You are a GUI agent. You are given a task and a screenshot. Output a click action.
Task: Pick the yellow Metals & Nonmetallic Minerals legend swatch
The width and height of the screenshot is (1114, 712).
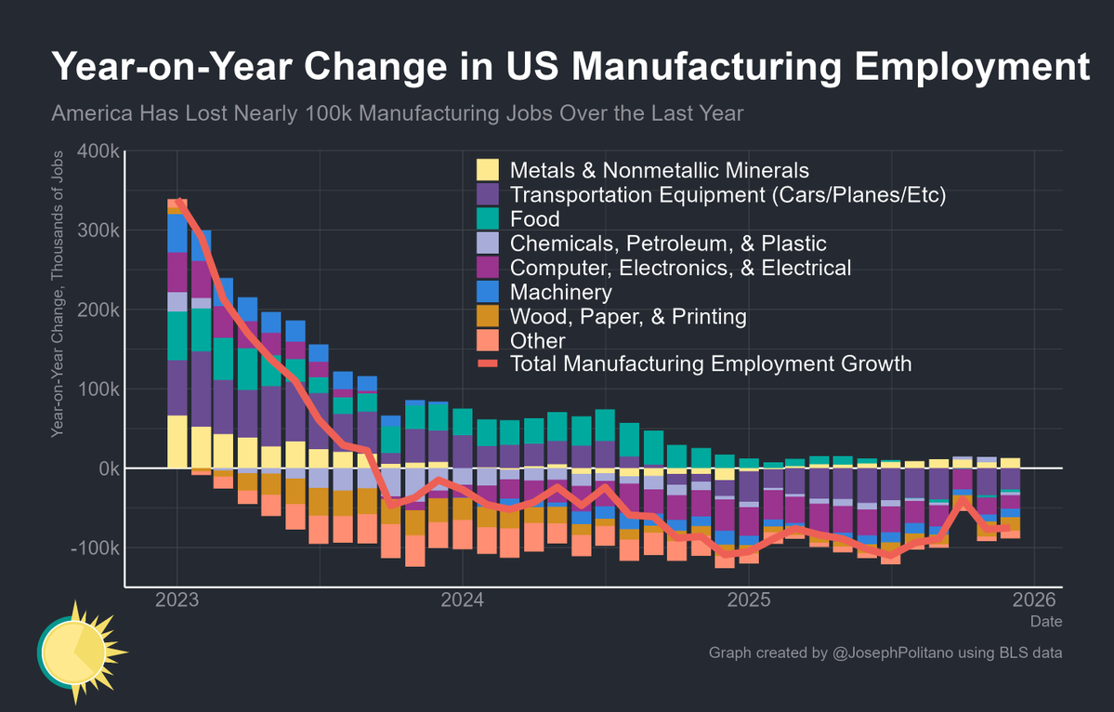point(488,171)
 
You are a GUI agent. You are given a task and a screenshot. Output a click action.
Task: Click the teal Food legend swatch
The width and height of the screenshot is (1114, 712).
point(488,219)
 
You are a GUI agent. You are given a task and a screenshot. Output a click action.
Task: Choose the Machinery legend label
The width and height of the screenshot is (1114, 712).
point(561,292)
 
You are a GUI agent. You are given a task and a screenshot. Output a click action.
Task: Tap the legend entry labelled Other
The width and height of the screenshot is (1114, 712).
point(538,340)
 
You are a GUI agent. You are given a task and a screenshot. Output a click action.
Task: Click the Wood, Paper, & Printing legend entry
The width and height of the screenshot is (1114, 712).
point(628,316)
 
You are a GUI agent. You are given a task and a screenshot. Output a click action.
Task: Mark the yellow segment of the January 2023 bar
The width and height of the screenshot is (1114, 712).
point(177,442)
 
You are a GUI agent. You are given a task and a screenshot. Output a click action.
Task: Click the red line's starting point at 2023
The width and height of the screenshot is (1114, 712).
point(178,201)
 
